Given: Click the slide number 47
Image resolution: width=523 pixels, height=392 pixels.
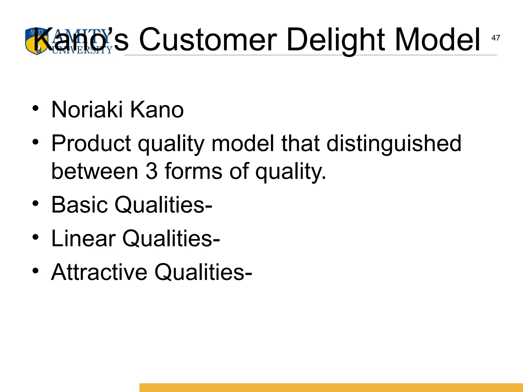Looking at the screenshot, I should click(495, 38).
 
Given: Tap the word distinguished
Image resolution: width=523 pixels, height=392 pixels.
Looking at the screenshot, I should click(394, 144).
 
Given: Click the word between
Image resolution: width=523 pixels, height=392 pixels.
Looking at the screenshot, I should click(95, 171).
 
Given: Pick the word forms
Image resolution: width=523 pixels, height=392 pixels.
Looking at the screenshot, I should click(193, 171).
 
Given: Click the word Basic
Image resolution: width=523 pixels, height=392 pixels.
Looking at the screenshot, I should click(79, 205).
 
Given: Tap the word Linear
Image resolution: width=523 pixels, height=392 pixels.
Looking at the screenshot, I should click(83, 238).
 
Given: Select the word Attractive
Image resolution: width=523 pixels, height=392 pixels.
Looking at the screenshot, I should click(99, 272).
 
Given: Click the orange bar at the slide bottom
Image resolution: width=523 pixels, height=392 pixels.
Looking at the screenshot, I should click(331, 387).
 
